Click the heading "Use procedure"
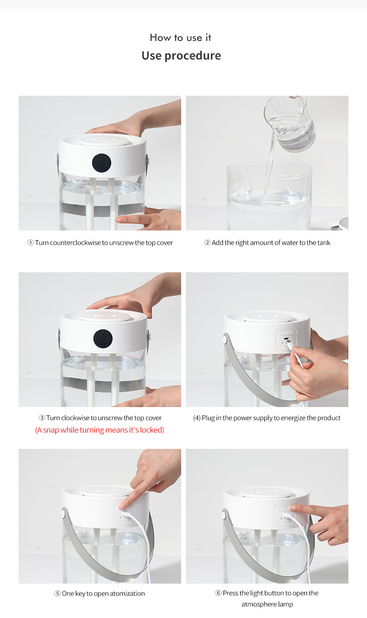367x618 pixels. (x=181, y=56)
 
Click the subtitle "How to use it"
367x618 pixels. (x=181, y=38)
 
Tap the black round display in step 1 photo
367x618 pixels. (x=101, y=163)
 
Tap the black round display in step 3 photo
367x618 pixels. (x=103, y=339)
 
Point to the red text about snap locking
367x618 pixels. (x=99, y=430)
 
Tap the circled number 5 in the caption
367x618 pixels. (x=57, y=593)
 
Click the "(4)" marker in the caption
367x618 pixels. (x=197, y=418)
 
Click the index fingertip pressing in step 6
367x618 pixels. (x=293, y=507)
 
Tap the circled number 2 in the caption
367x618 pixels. (x=207, y=243)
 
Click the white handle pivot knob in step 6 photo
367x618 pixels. (x=224, y=514)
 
